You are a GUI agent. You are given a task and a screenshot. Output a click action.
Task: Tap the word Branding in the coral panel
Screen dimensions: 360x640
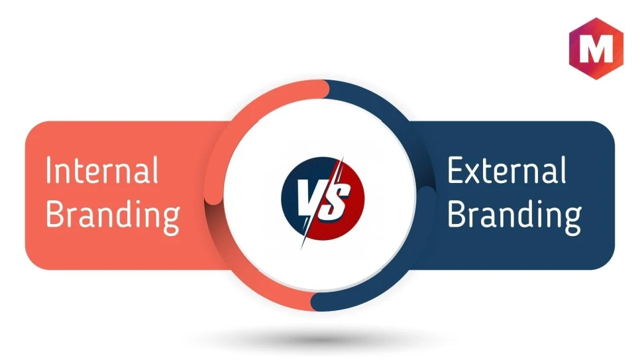113,215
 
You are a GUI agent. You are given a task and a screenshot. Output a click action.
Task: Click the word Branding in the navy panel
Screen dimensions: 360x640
514,215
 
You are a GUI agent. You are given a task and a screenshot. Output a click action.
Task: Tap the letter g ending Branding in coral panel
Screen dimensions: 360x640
170,219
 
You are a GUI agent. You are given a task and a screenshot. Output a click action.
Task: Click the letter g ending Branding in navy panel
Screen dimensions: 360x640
572,219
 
